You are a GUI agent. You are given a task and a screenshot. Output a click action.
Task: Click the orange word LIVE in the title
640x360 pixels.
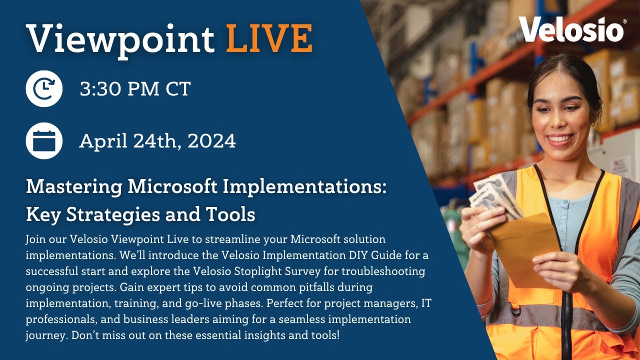[269, 38]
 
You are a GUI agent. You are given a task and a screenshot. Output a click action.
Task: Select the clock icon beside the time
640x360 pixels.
[44, 89]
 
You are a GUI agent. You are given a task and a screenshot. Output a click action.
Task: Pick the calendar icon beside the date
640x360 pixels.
[44, 141]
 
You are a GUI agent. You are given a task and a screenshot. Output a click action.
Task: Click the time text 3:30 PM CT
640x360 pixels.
[135, 89]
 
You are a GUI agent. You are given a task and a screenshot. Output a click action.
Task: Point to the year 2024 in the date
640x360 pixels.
[211, 141]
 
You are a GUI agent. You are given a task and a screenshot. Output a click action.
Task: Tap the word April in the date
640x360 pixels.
[103, 141]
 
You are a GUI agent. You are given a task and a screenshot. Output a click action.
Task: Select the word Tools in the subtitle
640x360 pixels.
[230, 214]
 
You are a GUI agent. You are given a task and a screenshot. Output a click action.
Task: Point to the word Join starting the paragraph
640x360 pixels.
[35, 239]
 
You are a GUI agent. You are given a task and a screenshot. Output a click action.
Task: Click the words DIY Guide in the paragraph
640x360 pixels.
[379, 255]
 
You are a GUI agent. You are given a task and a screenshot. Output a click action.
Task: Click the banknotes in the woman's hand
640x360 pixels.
[492, 195]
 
